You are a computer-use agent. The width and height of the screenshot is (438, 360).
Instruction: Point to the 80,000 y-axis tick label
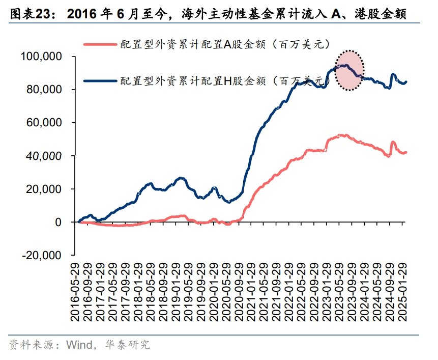coord(44,90)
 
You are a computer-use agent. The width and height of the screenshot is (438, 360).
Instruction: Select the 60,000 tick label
coord(44,123)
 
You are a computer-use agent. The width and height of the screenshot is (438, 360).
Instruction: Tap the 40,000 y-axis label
coord(44,156)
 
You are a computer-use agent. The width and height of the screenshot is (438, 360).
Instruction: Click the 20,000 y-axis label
coord(44,189)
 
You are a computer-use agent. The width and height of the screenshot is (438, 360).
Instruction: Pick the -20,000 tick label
coord(42,256)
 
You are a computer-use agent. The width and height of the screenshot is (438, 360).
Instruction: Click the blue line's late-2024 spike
coord(393,75)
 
